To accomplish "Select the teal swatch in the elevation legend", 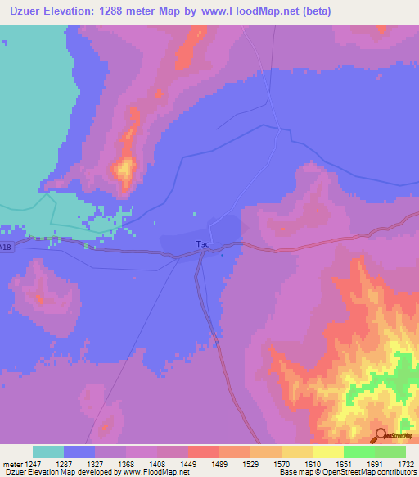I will pos(48,452).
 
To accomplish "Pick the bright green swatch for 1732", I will pos(390,452).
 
